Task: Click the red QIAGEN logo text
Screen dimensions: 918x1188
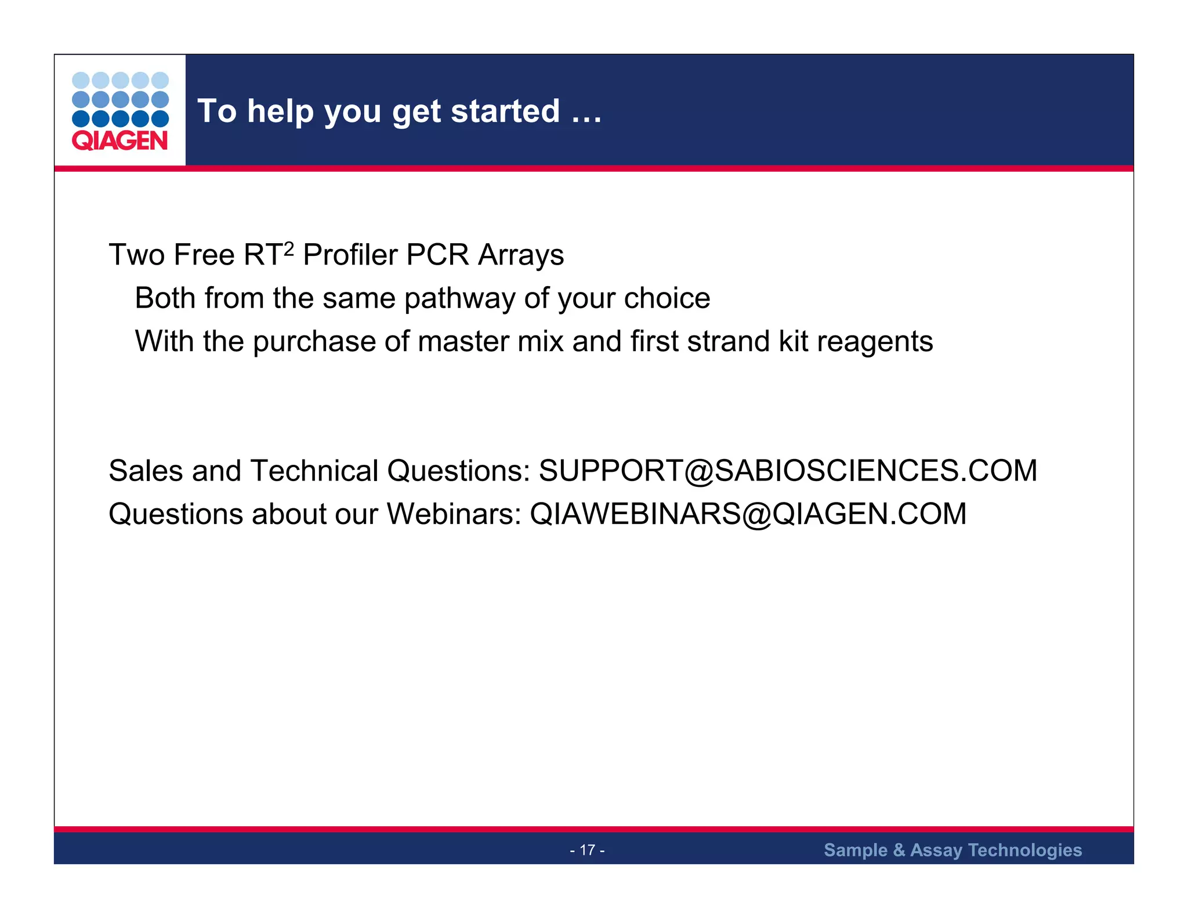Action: pos(119,140)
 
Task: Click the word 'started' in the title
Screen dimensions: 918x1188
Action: pos(505,111)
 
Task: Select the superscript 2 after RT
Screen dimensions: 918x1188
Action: pos(289,249)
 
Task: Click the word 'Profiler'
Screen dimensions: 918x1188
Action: pos(350,255)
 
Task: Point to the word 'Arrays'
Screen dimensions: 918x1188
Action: pos(520,256)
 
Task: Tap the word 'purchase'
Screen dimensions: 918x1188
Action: pos(314,342)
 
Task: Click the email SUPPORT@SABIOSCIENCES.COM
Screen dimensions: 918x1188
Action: pos(787,471)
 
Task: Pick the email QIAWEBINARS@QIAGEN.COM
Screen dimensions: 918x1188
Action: pos(748,514)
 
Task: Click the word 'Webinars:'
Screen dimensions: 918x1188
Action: pos(454,514)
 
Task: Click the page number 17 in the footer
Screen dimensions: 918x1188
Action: pos(587,850)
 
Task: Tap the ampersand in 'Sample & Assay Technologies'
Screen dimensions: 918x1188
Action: pos(899,850)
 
